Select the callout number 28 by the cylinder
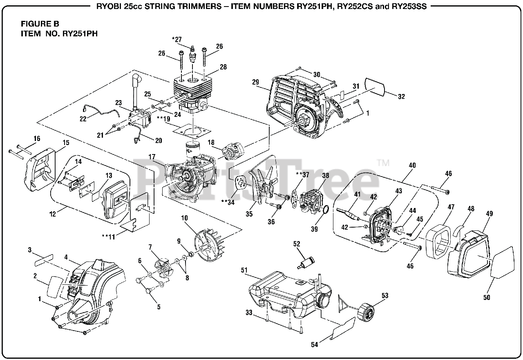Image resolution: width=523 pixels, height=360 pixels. [223, 67]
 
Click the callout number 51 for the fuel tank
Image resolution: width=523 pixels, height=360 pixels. [244, 270]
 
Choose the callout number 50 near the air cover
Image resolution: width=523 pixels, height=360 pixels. [487, 297]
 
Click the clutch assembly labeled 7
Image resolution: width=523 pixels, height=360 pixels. [163, 268]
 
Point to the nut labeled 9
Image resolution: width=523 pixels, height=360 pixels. [190, 254]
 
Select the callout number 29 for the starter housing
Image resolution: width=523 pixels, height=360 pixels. [256, 82]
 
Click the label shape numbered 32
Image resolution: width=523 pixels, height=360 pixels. [375, 86]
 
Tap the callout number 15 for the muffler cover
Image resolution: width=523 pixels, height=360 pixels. [66, 143]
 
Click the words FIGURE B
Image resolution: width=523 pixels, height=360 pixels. [40, 24]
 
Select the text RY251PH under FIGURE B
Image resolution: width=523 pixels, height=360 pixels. [80, 34]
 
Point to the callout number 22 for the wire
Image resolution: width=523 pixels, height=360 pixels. [83, 119]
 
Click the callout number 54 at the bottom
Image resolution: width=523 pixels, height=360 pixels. [315, 344]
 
